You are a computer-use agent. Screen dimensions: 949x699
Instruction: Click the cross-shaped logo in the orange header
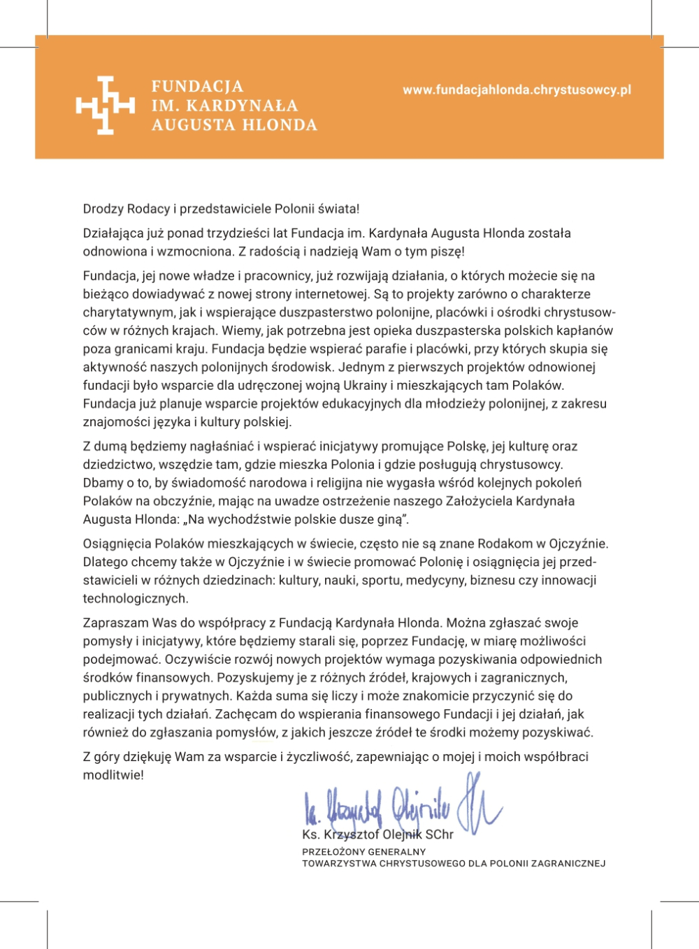105,106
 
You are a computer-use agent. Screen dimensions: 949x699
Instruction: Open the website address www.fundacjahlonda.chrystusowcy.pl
517,90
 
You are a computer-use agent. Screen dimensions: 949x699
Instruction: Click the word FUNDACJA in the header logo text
198,87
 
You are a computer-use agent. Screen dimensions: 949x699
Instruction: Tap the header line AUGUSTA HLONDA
234,125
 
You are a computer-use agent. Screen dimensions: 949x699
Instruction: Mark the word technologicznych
136,598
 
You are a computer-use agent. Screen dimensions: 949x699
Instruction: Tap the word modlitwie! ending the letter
113,775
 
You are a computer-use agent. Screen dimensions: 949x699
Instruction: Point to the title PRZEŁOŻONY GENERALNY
363,852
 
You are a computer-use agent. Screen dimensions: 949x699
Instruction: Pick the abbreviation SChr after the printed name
439,834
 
